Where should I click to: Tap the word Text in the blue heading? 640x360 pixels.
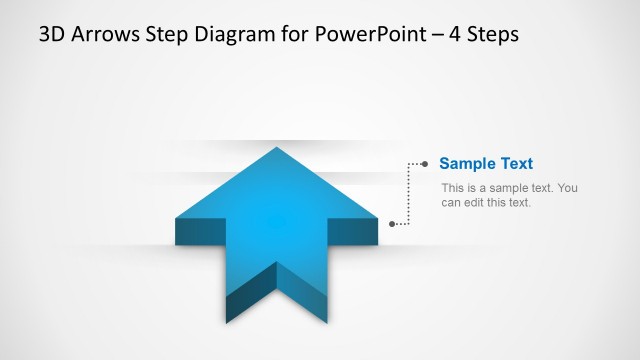(x=516, y=164)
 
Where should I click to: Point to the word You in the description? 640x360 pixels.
(x=567, y=188)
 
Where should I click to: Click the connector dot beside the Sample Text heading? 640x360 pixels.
(x=425, y=163)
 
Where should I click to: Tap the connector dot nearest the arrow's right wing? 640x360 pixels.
(x=392, y=224)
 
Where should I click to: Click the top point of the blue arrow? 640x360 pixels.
(x=277, y=150)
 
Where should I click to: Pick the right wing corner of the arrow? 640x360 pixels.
(x=377, y=218)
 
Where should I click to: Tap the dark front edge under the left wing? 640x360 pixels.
(x=200, y=232)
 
